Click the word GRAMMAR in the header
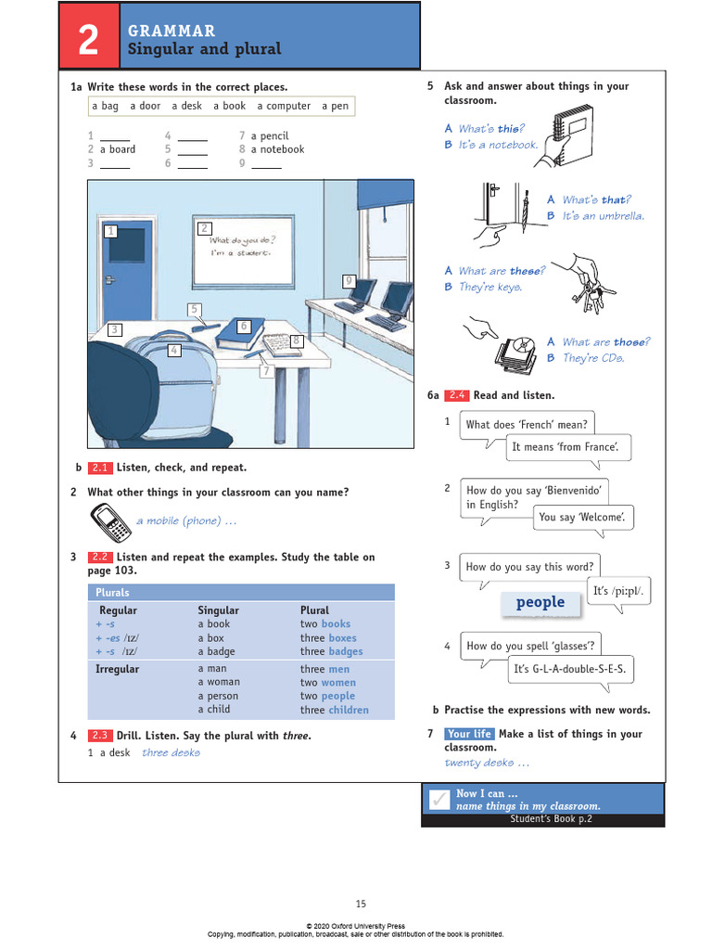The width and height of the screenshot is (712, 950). point(172,32)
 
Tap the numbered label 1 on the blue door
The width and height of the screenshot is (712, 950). point(111,231)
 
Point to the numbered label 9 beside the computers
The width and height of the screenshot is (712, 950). point(349,280)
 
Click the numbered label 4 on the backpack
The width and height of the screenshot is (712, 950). point(173,350)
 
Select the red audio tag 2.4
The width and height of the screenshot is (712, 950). point(456,395)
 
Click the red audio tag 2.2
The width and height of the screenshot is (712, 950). point(99,558)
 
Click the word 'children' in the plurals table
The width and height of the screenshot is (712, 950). point(348,710)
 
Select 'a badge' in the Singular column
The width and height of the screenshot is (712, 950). point(217,651)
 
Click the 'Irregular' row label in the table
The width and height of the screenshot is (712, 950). point(118,669)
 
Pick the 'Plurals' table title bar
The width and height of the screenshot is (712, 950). point(241,592)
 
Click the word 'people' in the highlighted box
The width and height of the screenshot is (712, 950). point(540,603)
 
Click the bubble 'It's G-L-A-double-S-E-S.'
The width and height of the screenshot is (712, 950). point(570,669)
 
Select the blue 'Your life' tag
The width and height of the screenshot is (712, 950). point(469,734)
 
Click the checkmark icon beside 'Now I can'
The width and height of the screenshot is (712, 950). point(436,799)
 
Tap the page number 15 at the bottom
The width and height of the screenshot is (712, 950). point(362,904)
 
